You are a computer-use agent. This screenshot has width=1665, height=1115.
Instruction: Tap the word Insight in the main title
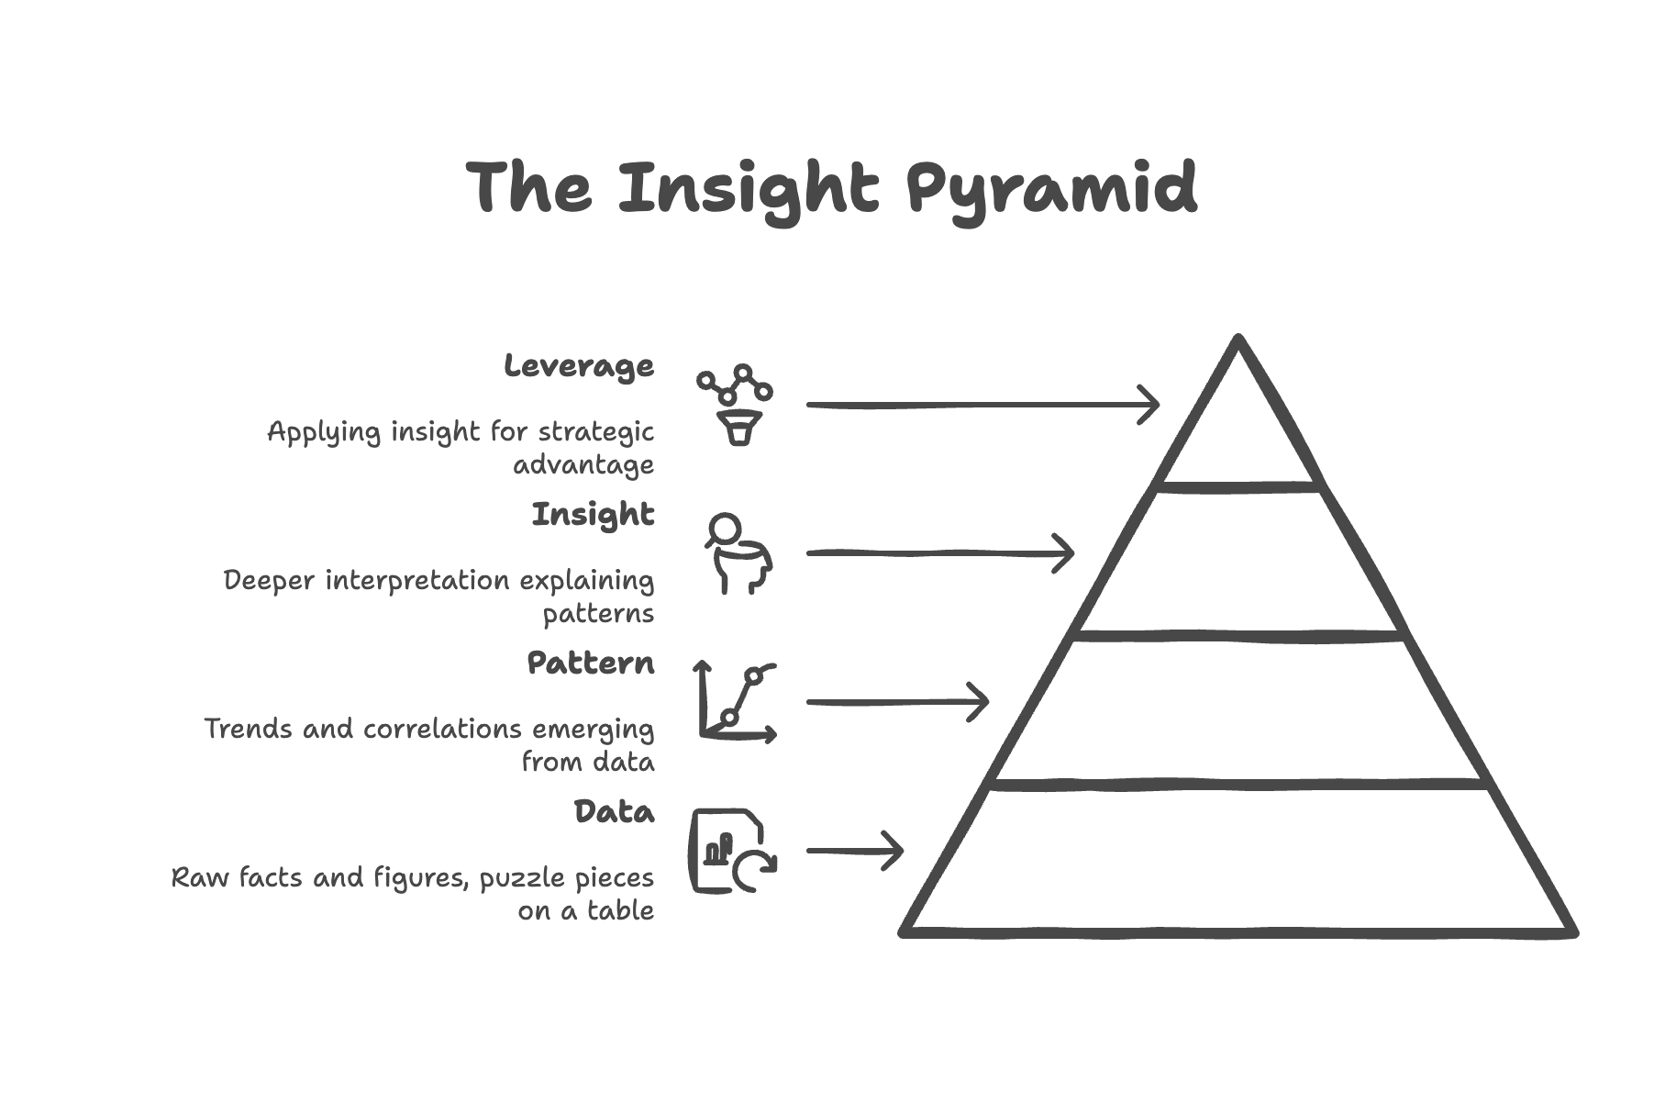[x=748, y=189]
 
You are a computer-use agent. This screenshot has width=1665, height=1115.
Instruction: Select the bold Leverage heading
[x=579, y=366]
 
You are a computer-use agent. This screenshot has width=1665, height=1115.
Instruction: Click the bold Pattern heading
[x=590, y=663]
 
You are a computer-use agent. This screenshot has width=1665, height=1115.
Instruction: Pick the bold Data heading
[x=614, y=811]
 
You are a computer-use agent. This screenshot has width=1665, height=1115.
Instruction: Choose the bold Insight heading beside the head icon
[x=593, y=514]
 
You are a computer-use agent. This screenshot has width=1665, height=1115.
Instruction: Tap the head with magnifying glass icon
[x=738, y=553]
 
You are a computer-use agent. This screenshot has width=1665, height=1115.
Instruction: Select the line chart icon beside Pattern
[x=737, y=702]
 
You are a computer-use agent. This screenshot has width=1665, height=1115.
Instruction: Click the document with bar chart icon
[x=731, y=851]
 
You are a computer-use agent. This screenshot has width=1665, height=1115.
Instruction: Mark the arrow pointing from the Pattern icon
[x=896, y=702]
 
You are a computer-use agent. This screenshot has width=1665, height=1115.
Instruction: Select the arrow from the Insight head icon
[x=938, y=553]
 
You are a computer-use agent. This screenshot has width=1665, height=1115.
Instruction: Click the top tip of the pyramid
[x=1238, y=340]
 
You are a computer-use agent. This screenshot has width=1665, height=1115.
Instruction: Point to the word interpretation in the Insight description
[x=417, y=580]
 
